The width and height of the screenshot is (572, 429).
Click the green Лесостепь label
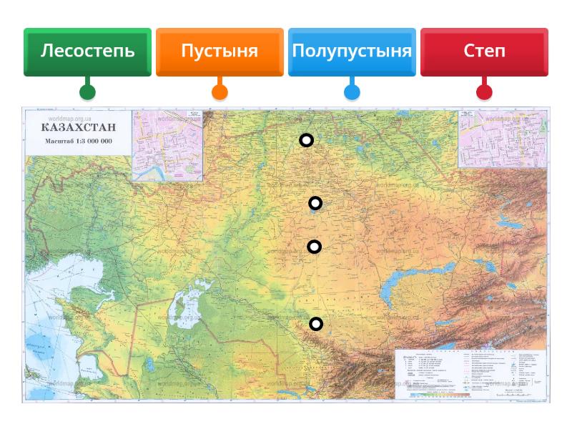(x=87, y=51)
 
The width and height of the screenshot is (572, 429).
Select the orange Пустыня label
(x=220, y=51)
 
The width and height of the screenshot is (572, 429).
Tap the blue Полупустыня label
(x=352, y=51)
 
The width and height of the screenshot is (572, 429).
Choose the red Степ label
(x=484, y=51)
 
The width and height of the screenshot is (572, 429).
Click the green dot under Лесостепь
(x=87, y=92)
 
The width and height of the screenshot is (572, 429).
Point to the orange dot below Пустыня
(x=220, y=92)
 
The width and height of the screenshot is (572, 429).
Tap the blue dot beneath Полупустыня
(x=352, y=92)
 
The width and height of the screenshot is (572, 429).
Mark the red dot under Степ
(x=484, y=92)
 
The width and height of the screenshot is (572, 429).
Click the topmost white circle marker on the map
(x=306, y=140)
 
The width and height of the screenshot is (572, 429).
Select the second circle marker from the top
(x=315, y=203)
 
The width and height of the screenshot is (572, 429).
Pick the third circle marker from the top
(x=314, y=247)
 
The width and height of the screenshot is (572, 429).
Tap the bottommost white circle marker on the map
(x=315, y=324)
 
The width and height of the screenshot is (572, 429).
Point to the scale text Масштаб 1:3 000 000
(x=78, y=141)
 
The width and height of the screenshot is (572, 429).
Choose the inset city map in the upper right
(x=502, y=137)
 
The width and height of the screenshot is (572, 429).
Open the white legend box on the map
(x=470, y=373)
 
